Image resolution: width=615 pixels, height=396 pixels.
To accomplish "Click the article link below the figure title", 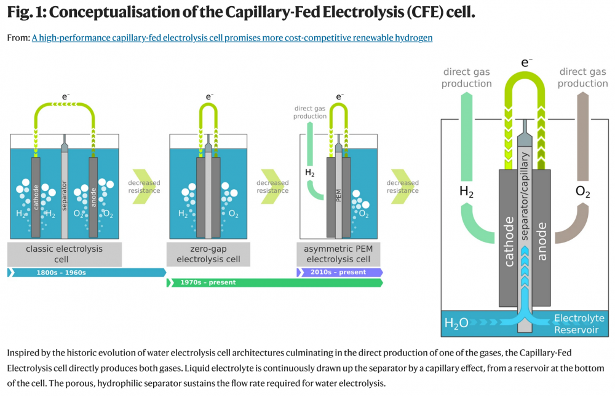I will pos(232,38).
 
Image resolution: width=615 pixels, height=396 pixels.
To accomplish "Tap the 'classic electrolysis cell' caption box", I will pos(64,254).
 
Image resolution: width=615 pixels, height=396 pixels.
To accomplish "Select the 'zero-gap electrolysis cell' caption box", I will pos(208,254).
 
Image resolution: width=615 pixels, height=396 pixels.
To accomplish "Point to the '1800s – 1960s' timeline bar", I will pos(86,273).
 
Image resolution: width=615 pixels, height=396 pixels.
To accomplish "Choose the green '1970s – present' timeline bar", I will pos(274,283).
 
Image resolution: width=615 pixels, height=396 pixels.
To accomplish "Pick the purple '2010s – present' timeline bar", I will pos(340,273).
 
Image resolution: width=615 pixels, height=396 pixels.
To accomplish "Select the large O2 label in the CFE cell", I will pos(582,192).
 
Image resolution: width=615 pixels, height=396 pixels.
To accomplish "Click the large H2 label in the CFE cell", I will pos(467,192).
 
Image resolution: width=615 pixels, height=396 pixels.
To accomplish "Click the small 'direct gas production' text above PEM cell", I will pos(310,112).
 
